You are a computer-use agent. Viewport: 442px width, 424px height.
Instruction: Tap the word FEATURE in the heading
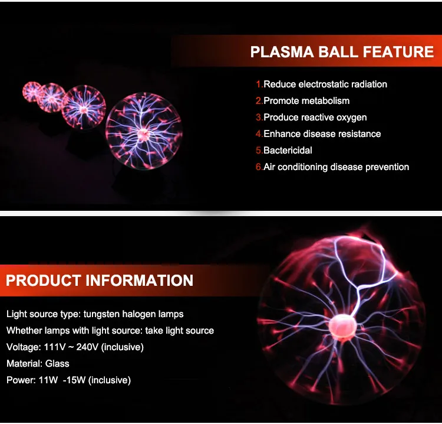tap(398, 52)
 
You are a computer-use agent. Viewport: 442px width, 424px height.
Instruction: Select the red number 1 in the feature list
tap(259, 84)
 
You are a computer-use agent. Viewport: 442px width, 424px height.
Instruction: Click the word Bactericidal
tap(288, 150)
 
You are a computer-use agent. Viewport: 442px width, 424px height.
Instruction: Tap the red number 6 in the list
tap(259, 167)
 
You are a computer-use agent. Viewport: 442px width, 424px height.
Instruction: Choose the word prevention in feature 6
tap(387, 167)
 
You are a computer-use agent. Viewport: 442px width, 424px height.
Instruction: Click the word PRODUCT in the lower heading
tap(44, 281)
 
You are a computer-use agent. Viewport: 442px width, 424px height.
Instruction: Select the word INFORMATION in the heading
tap(139, 281)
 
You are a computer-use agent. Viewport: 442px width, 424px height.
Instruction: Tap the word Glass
tap(57, 364)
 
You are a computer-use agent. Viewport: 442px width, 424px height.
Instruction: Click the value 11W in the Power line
tap(48, 380)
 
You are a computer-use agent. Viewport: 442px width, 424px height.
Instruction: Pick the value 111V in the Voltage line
tap(55, 347)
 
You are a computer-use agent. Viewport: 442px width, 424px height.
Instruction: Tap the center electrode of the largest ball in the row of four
tap(144, 133)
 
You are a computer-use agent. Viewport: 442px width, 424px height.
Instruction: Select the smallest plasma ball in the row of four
tap(32, 92)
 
